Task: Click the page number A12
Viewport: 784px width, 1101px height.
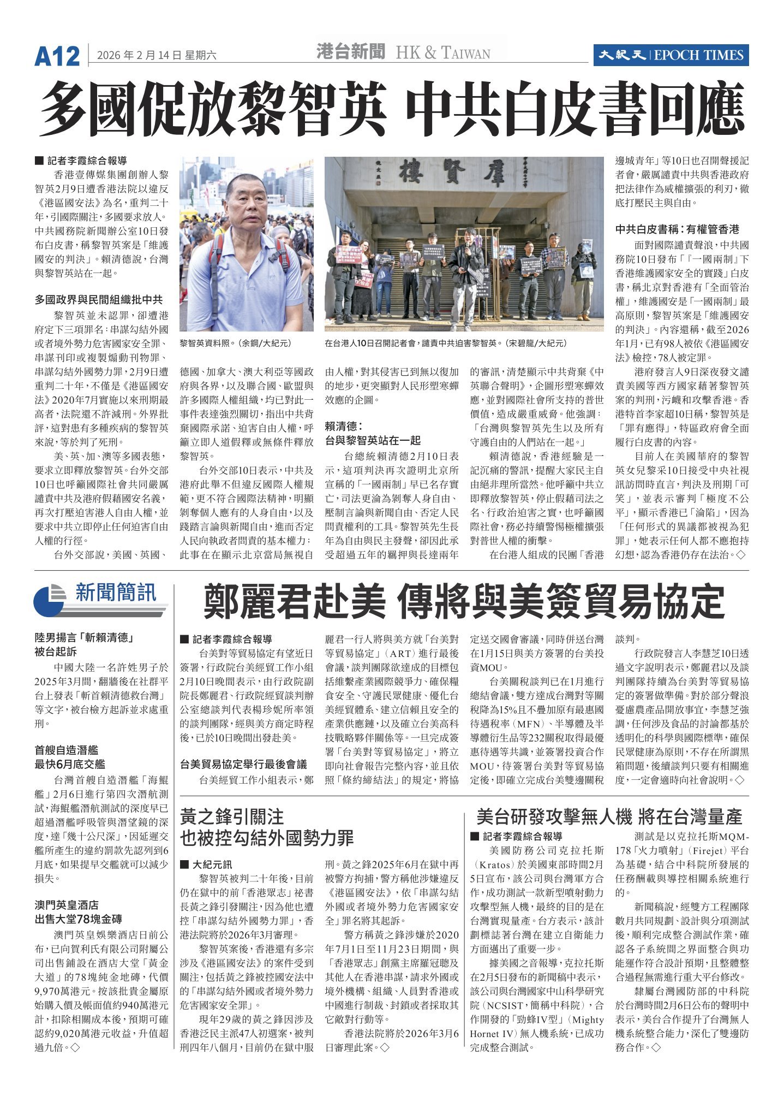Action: coord(57,56)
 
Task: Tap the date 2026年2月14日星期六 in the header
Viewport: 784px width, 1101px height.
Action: coord(157,55)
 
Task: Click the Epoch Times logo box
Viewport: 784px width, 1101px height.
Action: coord(671,55)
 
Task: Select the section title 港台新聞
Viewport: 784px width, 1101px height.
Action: coord(351,52)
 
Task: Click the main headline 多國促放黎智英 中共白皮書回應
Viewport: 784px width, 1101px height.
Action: coord(392,109)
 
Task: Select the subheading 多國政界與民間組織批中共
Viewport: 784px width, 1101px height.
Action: coord(99,300)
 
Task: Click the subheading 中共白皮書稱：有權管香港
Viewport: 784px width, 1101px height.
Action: coord(677,229)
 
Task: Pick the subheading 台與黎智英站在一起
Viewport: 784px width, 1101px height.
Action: coord(373,440)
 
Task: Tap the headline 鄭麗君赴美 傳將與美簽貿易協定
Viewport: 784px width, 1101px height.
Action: coord(464,601)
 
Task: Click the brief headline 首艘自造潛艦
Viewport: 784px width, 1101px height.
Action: coord(67,750)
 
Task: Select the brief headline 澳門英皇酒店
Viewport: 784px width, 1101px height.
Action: coord(67,905)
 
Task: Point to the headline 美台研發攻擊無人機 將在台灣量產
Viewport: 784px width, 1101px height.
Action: coord(609,816)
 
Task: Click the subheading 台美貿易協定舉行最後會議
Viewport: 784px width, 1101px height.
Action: coord(243,764)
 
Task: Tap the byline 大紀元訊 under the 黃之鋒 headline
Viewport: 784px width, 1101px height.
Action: coord(212,865)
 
